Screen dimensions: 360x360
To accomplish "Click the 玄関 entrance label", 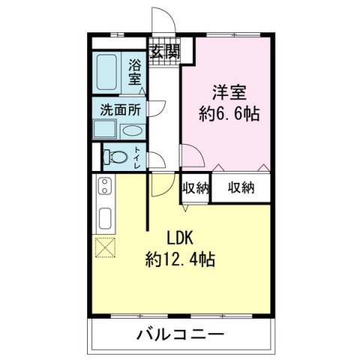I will (165, 52).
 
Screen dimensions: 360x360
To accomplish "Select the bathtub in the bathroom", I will (109, 72).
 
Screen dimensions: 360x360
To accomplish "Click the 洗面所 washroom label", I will (121, 109).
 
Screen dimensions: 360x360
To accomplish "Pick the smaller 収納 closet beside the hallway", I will (195, 187).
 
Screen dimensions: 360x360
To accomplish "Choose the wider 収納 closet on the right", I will (241, 187).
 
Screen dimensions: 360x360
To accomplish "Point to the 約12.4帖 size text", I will (180, 260).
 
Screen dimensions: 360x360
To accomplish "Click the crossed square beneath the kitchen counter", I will (103, 246).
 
